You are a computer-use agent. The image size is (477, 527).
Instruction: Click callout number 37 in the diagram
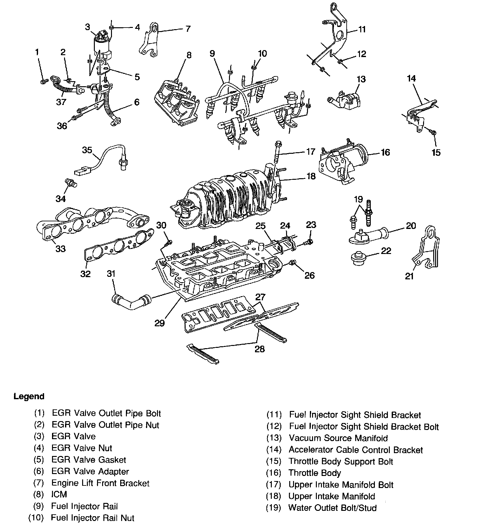point(61,102)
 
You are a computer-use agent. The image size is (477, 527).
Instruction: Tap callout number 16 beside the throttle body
point(385,153)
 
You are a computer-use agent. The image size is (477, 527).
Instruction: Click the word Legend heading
point(29,396)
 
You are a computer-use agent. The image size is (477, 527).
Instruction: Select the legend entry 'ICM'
point(59,494)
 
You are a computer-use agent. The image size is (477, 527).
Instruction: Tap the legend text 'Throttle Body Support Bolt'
point(341,461)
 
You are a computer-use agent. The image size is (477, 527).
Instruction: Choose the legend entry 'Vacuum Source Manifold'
point(338,438)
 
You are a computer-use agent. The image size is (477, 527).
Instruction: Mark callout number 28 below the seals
point(260,349)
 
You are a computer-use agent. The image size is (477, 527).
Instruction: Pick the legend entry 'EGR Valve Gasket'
point(88,460)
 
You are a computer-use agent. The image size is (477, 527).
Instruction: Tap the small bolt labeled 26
point(293,262)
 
